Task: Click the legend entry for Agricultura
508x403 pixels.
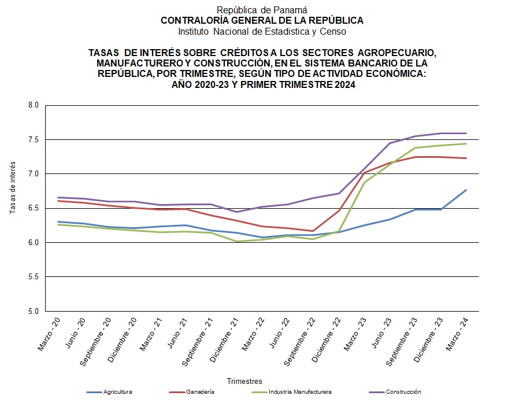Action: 118,392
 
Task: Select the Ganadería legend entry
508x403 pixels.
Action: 201,392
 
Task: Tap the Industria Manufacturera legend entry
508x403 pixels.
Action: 300,392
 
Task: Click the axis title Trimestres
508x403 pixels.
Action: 244,381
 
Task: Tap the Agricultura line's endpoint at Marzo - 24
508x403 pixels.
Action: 466,190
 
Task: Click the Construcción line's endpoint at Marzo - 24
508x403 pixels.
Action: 466,133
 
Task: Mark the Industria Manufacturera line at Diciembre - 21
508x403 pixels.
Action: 236,241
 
